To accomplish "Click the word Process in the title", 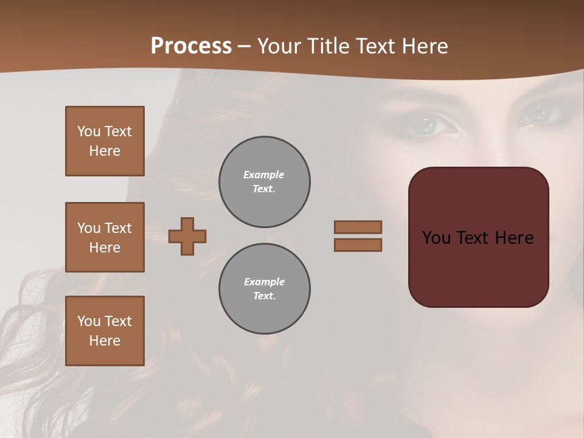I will pos(191,46).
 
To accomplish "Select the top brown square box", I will pos(105,141).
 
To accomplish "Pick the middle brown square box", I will pos(105,237).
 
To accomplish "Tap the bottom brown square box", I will pos(105,331).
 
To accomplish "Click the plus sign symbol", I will pos(187,236).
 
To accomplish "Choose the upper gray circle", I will pos(264,182).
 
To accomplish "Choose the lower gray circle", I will pos(264,289).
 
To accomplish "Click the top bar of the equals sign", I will pos(358,227).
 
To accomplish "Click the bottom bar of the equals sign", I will pos(358,245).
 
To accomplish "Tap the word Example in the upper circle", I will pos(264,175).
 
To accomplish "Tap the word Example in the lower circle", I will pos(264,282).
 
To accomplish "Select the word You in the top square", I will pos(89,131).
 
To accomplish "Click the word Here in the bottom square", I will pos(105,341).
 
